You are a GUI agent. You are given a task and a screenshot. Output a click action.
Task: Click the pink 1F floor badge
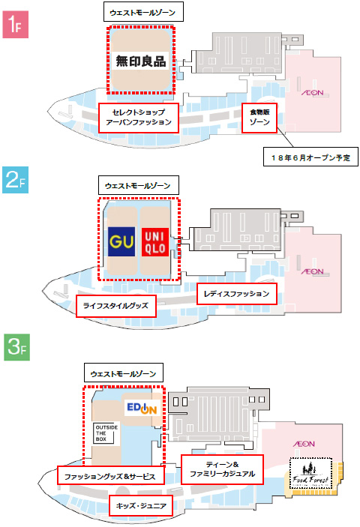tap(16, 24)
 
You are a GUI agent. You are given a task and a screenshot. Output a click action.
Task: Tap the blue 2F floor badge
tap(16, 180)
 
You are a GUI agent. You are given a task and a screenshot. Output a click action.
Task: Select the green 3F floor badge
tap(16, 347)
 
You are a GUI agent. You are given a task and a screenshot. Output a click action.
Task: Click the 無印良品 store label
tap(140, 61)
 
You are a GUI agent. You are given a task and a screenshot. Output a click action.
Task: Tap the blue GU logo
tap(121, 241)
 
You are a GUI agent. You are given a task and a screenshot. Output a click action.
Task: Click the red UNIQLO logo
tap(155, 242)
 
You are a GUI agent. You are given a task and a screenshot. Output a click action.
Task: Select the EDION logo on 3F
tap(142, 408)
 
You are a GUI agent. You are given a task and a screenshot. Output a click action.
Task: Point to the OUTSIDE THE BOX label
tap(106, 433)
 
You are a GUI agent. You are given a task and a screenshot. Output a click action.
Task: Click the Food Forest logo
tap(310, 473)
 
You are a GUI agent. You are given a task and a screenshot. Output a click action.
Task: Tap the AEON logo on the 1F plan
tap(313, 93)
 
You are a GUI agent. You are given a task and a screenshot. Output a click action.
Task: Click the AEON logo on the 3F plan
tap(304, 444)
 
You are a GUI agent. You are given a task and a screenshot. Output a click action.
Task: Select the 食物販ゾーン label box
tap(259, 118)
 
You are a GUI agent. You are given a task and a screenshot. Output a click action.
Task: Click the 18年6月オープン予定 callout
tap(310, 157)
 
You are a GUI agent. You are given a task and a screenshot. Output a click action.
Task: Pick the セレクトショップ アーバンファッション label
tap(139, 118)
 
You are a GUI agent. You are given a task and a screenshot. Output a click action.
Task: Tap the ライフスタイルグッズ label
tap(116, 306)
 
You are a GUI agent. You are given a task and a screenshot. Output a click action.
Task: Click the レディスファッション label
tap(237, 294)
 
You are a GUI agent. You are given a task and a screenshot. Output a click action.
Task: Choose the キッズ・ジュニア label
tap(141, 505)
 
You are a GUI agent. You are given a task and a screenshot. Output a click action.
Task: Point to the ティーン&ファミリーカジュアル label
tap(222, 469)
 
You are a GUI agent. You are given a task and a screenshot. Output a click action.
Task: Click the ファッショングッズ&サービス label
tap(110, 475)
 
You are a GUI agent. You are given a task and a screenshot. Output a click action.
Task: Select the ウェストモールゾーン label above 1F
tap(143, 12)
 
